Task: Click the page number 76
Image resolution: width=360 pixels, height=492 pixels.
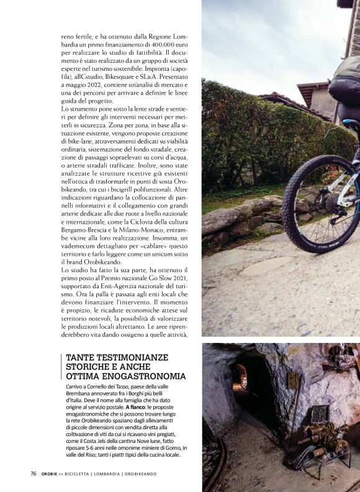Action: [x=34, y=473]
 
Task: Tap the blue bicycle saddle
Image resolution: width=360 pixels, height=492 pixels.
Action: [x=352, y=124]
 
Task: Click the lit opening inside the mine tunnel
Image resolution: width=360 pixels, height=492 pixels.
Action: [x=240, y=374]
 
